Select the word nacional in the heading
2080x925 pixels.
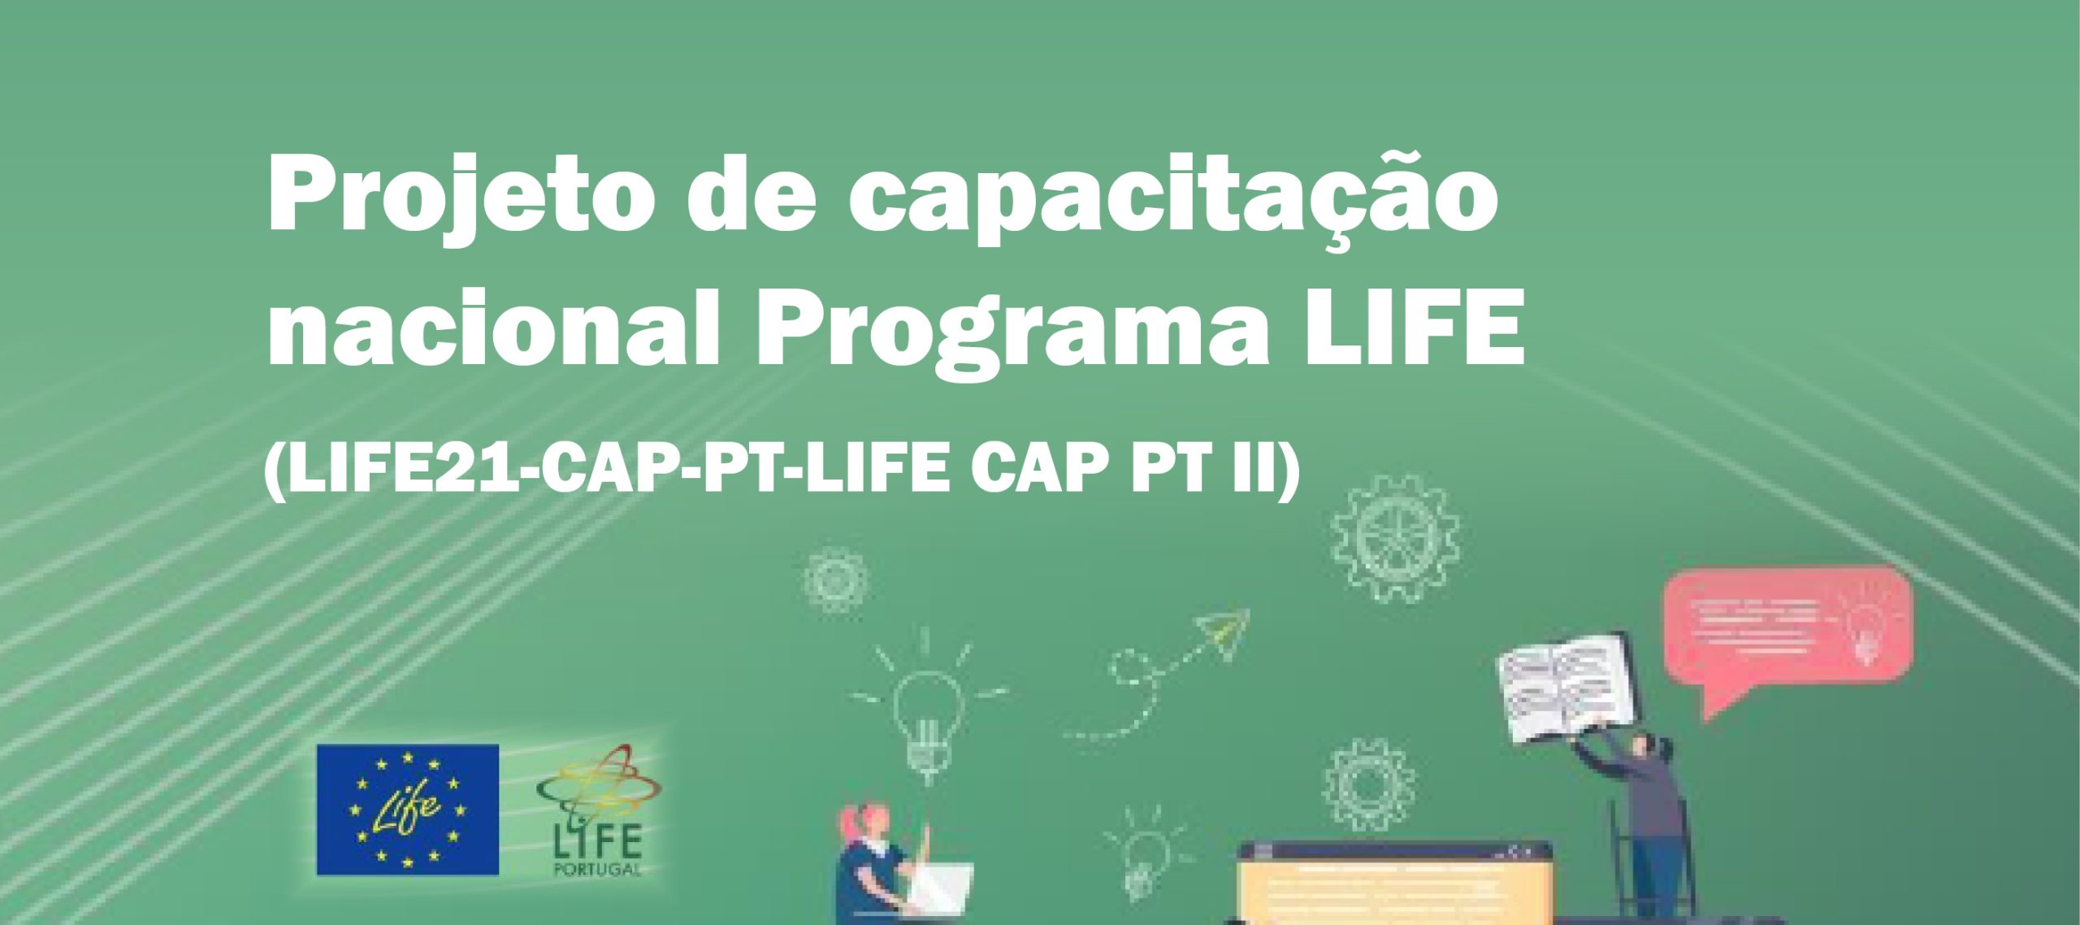[x=492, y=328]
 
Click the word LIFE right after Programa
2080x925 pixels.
[x=1414, y=325]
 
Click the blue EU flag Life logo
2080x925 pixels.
[x=407, y=810]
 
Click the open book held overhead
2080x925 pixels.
[x=1564, y=687]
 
